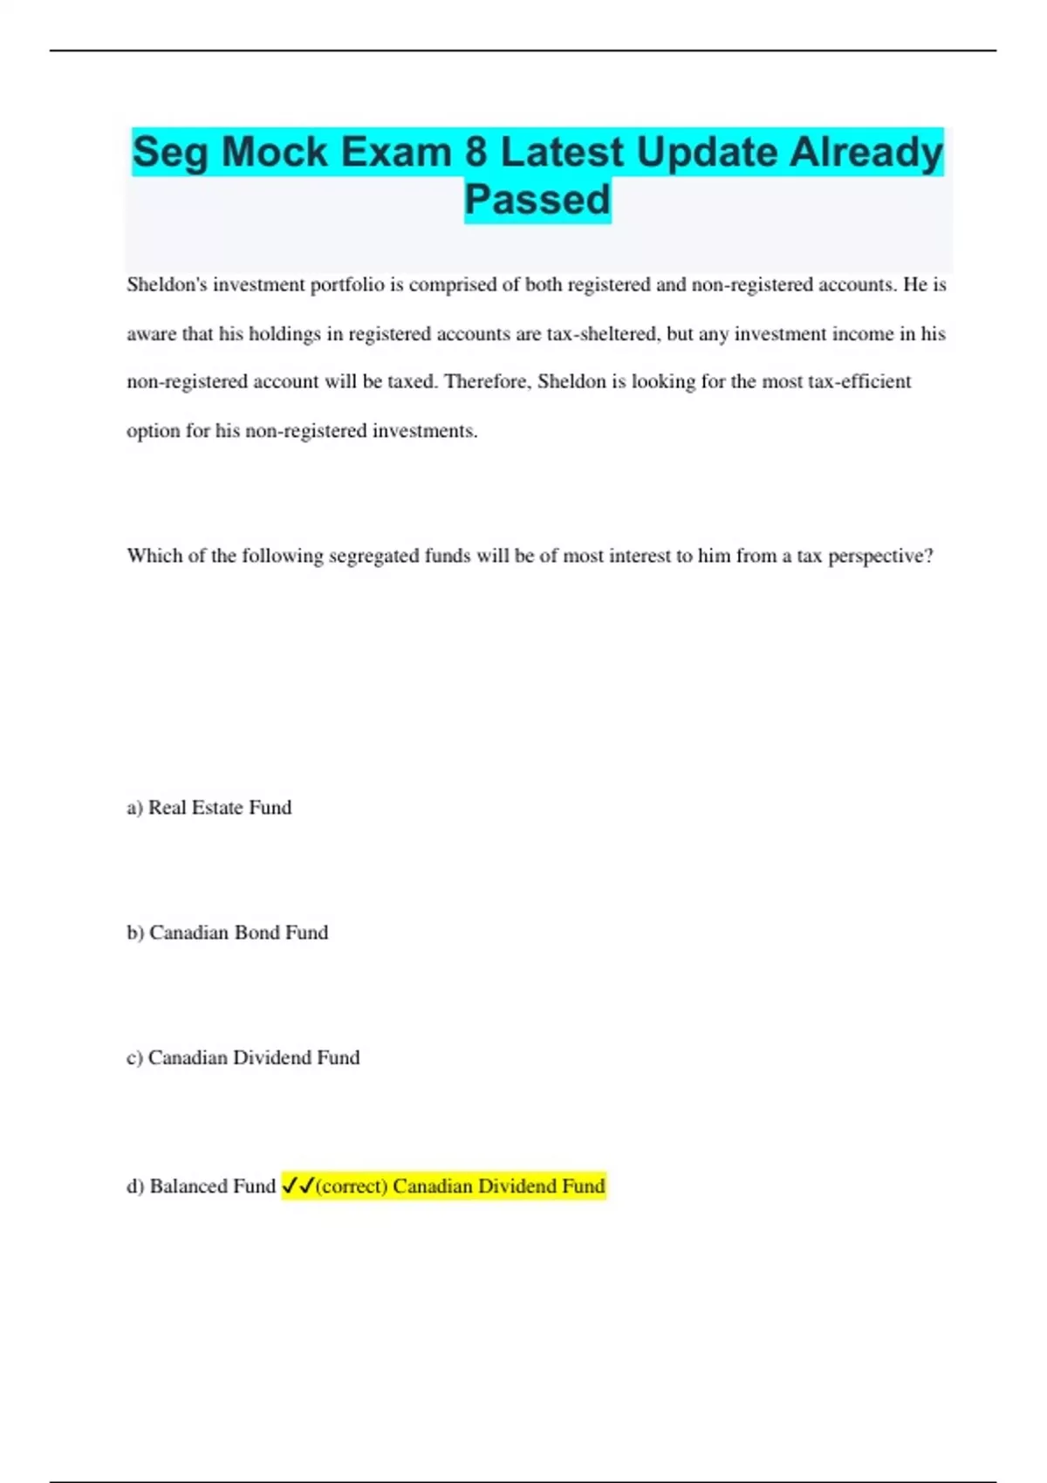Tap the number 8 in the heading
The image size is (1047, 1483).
pos(476,152)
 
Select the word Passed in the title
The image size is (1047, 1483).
pos(537,200)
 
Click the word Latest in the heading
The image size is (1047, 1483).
pos(562,152)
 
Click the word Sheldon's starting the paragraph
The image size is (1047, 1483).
pos(167,285)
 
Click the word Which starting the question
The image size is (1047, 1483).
pos(154,557)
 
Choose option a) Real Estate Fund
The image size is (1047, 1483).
pos(209,808)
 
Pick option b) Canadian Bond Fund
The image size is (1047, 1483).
pos(228,933)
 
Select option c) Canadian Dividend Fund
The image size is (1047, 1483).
pos(243,1058)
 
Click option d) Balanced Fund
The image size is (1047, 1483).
pos(202,1186)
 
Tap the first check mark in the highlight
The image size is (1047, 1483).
pos(290,1186)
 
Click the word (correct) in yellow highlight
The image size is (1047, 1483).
pos(351,1186)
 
